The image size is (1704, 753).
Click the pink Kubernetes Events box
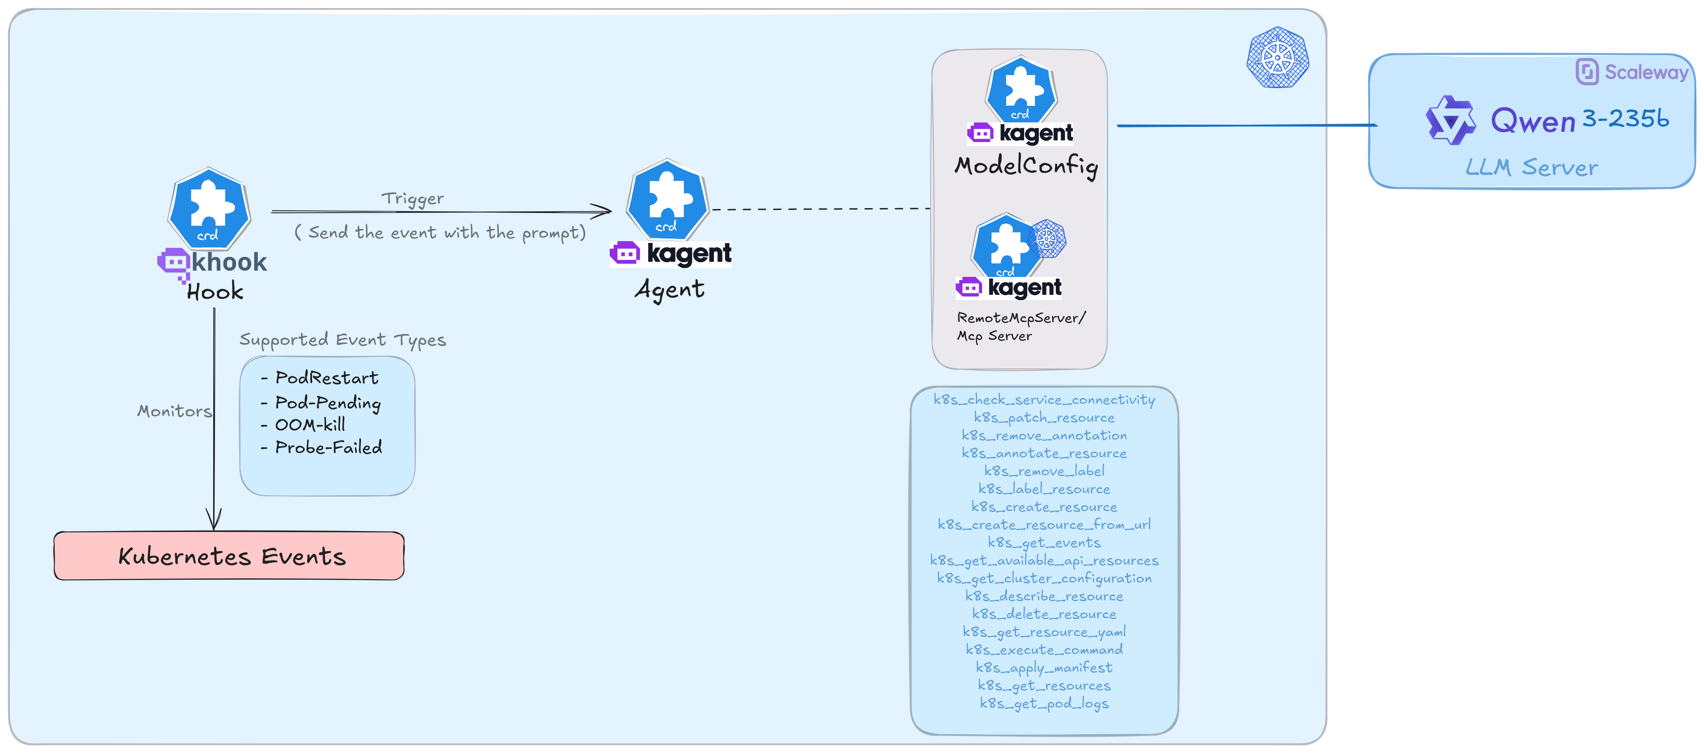click(x=229, y=556)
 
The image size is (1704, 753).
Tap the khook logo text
click(x=228, y=263)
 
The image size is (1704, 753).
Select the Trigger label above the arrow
click(x=412, y=198)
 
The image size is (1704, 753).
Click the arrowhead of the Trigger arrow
click(x=603, y=212)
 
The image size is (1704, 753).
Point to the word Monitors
click(x=174, y=411)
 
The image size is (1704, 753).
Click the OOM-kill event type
click(x=310, y=424)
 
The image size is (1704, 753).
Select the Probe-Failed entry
click(x=328, y=448)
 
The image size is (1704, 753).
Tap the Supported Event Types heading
click(x=342, y=340)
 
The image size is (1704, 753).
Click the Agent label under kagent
click(x=670, y=289)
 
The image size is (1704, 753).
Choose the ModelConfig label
click(x=1025, y=165)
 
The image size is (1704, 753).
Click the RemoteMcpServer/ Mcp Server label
click(x=1021, y=326)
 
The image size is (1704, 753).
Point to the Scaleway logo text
click(x=1646, y=72)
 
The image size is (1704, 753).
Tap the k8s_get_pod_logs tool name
click(x=1044, y=703)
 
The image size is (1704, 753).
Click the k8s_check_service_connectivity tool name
click(x=1044, y=399)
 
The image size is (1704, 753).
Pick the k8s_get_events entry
click(x=1044, y=543)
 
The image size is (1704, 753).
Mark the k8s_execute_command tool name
click(x=1044, y=650)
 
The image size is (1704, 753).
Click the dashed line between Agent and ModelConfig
click(x=820, y=209)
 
